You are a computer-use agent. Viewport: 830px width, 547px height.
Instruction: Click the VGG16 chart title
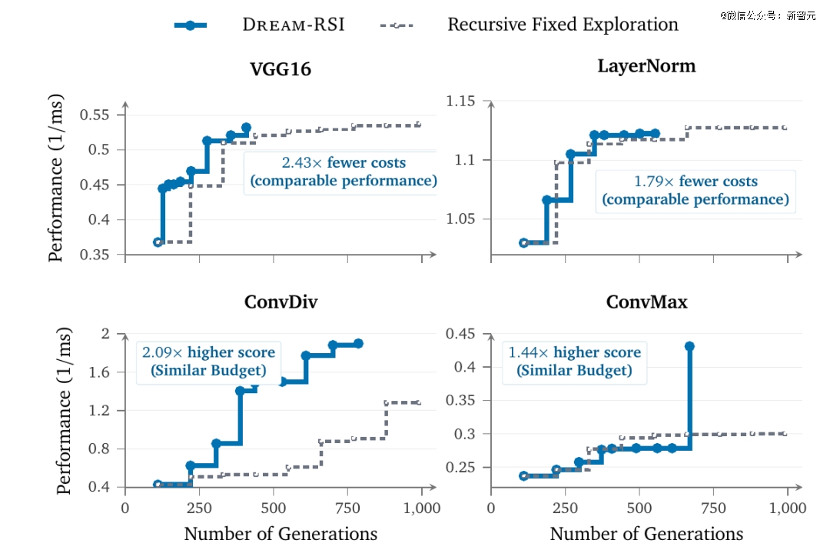[281, 69]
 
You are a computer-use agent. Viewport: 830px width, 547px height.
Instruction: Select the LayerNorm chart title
[646, 66]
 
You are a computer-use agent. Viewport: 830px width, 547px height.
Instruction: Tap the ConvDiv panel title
[281, 302]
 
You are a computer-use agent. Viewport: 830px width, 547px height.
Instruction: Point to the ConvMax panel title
[646, 302]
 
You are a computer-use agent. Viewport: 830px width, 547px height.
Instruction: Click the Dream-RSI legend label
[294, 25]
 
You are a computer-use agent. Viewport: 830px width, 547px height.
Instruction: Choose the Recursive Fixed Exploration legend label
[563, 25]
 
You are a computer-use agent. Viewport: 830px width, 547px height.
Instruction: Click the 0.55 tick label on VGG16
[95, 115]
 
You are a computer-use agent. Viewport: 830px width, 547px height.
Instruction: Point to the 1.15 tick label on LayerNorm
[460, 102]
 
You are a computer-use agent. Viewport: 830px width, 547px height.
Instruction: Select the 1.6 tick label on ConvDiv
[99, 372]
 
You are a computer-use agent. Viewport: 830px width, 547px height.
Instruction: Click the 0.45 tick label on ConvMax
[460, 334]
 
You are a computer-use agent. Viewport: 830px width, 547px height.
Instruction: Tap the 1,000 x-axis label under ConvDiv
[422, 509]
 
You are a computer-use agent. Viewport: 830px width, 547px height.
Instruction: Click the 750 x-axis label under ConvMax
[713, 509]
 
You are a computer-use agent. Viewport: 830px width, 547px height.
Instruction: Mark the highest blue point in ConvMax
[689, 346]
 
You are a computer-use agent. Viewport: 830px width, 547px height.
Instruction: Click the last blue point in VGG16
[246, 128]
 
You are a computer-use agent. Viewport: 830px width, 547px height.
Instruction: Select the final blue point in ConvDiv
[358, 343]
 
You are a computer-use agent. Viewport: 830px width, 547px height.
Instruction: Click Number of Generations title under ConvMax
[646, 534]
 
